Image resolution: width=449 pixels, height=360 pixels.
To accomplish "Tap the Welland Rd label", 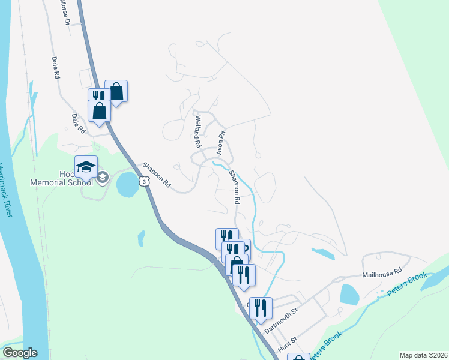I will (x=196, y=132).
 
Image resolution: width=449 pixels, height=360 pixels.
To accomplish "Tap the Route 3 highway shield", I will (x=145, y=181).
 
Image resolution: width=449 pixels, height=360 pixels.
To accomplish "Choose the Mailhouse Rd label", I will (x=381, y=273).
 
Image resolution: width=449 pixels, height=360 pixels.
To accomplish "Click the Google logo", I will (x=20, y=353).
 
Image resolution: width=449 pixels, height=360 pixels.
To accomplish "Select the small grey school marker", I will (x=103, y=177).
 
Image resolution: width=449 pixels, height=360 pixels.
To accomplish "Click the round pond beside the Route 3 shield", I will (x=127, y=185).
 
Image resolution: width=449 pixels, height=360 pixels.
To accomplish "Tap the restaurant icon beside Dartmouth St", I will (x=261, y=308).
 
